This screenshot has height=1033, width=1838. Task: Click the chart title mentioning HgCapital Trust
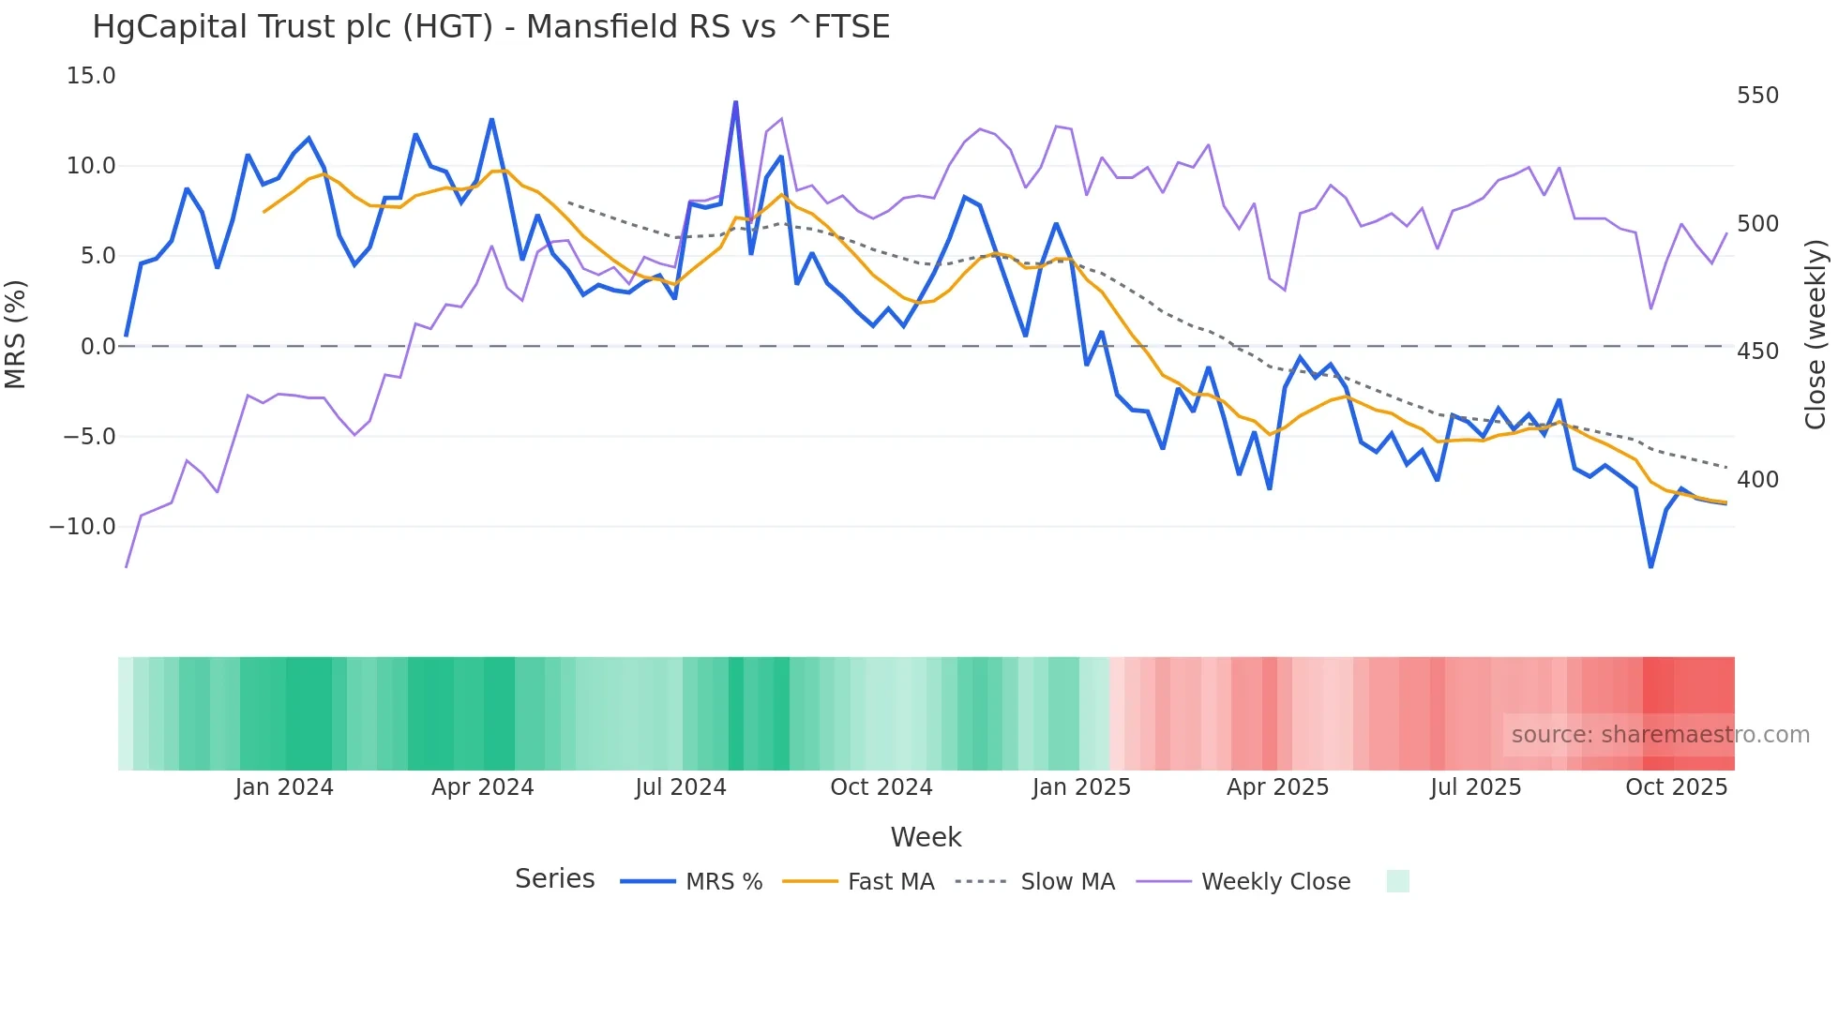[x=490, y=27]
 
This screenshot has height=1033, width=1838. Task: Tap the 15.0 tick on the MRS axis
[x=91, y=76]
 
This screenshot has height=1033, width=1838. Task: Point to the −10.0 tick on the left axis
[x=83, y=527]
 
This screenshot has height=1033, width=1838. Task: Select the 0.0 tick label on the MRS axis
[x=98, y=347]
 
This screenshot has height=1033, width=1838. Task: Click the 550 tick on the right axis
[x=1757, y=96]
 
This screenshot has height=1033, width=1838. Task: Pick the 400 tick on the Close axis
[x=1757, y=480]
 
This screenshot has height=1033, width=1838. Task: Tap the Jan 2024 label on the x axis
[x=284, y=787]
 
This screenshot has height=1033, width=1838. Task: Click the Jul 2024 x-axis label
[x=681, y=787]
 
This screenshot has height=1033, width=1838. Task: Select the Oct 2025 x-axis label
[x=1676, y=787]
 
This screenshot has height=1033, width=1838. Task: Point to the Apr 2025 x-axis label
[x=1277, y=787]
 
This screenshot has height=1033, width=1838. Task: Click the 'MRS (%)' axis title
[x=16, y=334]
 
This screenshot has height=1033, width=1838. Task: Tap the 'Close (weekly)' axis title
[x=1815, y=334]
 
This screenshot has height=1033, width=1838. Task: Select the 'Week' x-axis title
[x=926, y=837]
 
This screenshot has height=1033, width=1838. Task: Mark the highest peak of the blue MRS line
[x=735, y=102]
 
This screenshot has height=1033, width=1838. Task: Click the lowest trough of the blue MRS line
[x=1650, y=566]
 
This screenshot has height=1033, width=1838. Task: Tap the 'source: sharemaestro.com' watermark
[x=1660, y=735]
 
